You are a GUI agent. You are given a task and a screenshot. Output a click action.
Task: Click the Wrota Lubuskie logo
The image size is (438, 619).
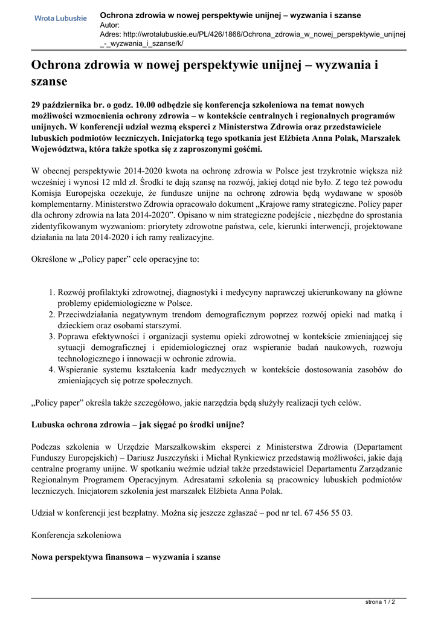(x=60, y=19)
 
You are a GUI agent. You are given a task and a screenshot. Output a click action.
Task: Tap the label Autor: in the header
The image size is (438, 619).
(x=109, y=25)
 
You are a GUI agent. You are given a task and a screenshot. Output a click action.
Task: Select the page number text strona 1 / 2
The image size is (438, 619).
(x=380, y=602)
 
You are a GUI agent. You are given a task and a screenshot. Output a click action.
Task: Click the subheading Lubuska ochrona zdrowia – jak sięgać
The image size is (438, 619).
(x=138, y=424)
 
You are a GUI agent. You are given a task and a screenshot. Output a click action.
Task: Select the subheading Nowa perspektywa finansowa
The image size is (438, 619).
(x=125, y=557)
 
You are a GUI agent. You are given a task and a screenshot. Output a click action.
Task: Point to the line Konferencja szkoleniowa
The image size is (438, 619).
(x=76, y=535)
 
